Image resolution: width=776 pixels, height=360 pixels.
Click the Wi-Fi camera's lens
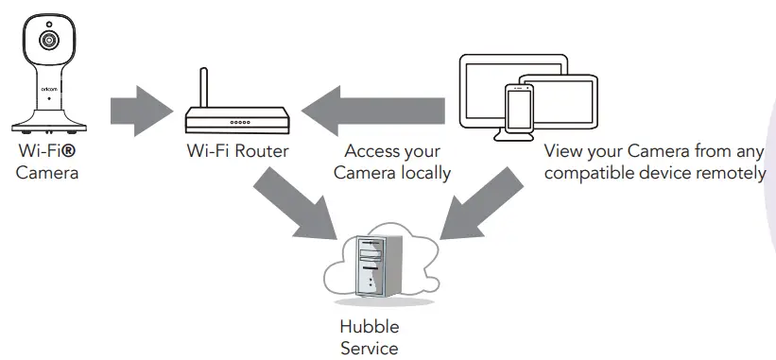[x=47, y=41]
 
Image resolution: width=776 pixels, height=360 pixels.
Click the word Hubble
[x=369, y=327]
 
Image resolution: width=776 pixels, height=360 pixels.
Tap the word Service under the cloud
[x=369, y=348]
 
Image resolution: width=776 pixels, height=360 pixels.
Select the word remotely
[x=728, y=173]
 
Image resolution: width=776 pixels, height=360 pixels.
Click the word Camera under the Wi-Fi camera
[x=46, y=173]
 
